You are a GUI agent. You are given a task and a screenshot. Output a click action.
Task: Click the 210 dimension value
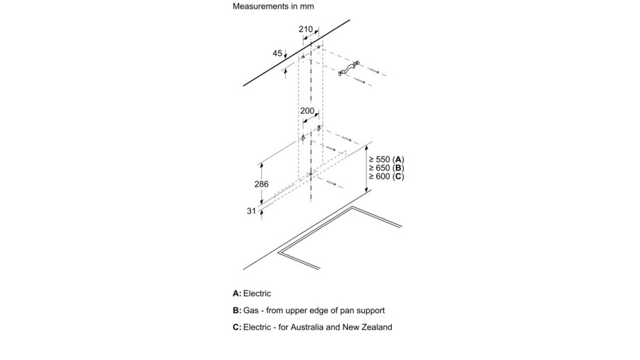coord(306,29)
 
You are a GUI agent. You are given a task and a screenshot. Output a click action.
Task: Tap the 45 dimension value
coord(277,53)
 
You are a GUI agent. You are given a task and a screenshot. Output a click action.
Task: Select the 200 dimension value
coord(307,110)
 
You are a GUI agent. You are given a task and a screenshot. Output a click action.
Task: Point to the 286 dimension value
coord(262,184)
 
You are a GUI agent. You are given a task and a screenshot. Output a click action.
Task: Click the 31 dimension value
coord(251,211)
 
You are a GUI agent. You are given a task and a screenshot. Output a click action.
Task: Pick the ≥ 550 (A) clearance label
coord(386,159)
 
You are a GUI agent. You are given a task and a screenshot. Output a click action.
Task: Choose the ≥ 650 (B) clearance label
coord(386,168)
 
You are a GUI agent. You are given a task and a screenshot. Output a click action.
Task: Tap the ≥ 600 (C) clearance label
coord(386,176)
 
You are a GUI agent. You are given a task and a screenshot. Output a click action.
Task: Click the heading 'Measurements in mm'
coord(273,6)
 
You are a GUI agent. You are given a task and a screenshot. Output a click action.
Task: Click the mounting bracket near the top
coord(348,68)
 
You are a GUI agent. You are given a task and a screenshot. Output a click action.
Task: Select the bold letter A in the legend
coord(236,293)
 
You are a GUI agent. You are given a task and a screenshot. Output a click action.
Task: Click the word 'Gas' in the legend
coord(251,311)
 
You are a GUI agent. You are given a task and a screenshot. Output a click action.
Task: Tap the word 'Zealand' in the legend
coord(378,327)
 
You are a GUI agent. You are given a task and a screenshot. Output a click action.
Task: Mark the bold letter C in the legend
coord(236,327)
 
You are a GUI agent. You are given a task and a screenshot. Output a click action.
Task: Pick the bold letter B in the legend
coord(236,311)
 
